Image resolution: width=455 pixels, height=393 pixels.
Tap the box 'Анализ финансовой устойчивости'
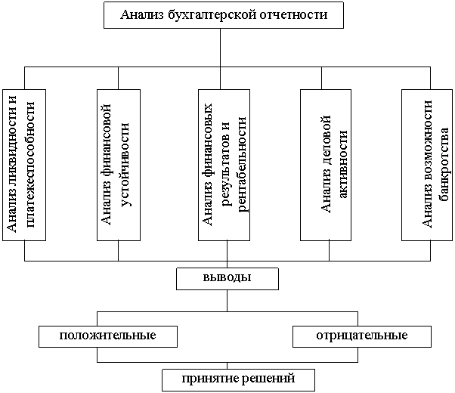[x=119, y=165]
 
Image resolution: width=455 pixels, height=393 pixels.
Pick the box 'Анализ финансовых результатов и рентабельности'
[x=224, y=165]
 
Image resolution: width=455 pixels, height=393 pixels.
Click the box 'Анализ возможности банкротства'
[x=428, y=165]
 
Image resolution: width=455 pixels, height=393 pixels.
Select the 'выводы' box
[x=227, y=278]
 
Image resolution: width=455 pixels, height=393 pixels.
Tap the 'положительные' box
[x=108, y=335]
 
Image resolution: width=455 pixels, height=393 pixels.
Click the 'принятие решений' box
[x=237, y=378]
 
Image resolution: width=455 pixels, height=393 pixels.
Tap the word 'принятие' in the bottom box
[x=208, y=378]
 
